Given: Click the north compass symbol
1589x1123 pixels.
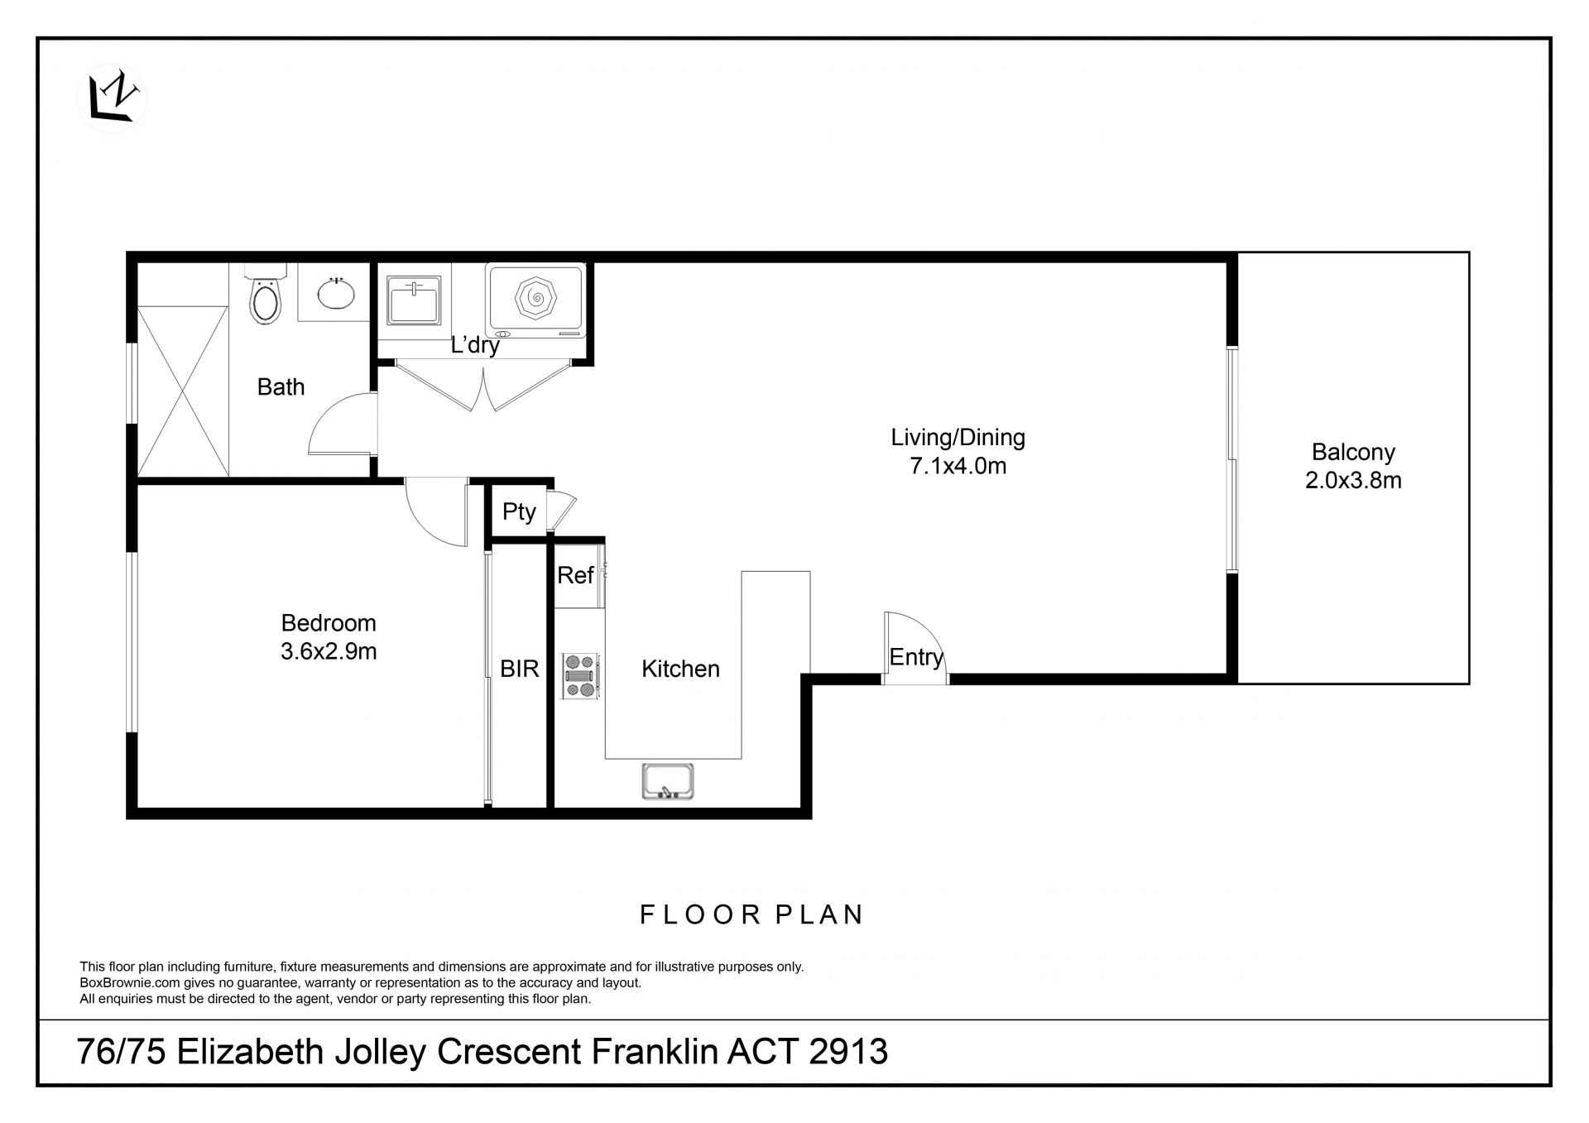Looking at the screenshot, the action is [111, 99].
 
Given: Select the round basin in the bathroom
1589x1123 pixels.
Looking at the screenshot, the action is [337, 292].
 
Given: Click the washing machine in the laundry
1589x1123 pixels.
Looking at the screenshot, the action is [536, 300].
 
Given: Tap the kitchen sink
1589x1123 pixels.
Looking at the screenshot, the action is [667, 781].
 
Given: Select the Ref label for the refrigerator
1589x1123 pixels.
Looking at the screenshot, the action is [575, 575].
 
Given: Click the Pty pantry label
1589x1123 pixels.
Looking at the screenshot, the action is [519, 512].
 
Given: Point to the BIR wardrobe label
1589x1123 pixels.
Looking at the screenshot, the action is [520, 669].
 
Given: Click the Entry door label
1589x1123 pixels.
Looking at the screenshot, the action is [916, 657].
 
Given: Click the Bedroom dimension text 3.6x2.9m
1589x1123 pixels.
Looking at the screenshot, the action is [329, 651].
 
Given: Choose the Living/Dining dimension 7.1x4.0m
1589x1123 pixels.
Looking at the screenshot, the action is [958, 466].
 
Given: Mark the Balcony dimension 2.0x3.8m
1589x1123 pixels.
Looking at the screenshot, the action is [1353, 481].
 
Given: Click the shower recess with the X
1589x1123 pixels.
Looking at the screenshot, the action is [182, 391].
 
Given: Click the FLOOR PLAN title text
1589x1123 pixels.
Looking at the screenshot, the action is [752, 914].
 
